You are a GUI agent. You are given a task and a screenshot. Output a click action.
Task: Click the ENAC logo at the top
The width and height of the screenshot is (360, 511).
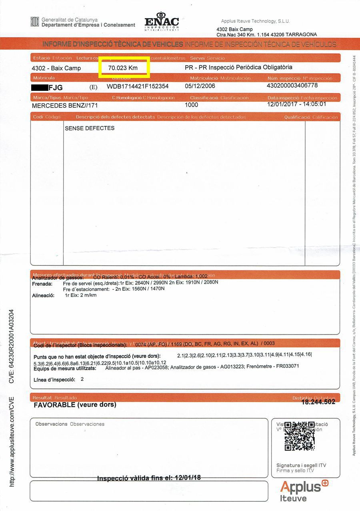(162, 22)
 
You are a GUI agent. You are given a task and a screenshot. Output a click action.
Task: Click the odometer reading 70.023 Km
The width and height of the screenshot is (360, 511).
(123, 68)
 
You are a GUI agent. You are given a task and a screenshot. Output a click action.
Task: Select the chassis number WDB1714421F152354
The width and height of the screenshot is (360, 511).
(138, 86)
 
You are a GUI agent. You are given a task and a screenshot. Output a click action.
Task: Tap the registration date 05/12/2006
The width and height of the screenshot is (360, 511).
(200, 86)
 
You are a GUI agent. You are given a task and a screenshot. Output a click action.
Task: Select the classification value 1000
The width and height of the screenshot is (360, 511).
(192, 105)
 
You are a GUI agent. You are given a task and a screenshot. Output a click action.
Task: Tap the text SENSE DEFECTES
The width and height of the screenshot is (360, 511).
(90, 128)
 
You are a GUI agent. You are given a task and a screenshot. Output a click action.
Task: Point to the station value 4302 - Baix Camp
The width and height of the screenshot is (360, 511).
(56, 68)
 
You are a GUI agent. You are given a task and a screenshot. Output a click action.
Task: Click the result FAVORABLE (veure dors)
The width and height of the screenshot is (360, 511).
(75, 405)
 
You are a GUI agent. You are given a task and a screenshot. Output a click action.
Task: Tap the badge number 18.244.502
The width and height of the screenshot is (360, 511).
(318, 402)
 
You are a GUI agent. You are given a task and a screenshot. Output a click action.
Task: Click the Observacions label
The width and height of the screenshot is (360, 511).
(51, 424)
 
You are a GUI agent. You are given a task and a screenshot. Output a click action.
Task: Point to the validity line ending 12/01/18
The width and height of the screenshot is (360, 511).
(149, 478)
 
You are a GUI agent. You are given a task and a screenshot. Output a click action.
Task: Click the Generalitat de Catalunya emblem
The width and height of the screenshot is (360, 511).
(35, 22)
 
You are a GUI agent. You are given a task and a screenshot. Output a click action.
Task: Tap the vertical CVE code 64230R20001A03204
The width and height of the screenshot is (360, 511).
(12, 346)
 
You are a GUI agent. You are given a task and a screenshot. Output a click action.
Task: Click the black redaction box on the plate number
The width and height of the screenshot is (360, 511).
(39, 87)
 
